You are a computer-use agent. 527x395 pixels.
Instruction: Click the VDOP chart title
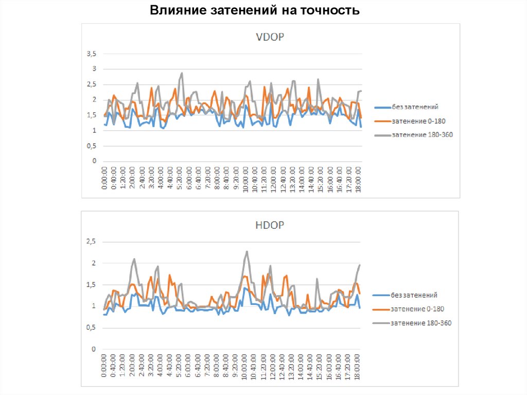270,37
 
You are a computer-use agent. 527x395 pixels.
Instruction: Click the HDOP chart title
270,225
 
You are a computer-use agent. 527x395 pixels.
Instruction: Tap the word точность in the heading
333,10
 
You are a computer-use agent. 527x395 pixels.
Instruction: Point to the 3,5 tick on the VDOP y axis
91,54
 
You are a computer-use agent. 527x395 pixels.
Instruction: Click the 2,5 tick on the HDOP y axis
91,242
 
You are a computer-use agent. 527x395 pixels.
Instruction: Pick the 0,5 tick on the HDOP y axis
91,328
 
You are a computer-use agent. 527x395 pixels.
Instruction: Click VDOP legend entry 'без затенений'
415,107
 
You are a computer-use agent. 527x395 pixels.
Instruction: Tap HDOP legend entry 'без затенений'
414,295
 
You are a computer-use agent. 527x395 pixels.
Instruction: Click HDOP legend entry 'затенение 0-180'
417,309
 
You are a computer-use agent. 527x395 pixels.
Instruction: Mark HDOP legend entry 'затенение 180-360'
421,323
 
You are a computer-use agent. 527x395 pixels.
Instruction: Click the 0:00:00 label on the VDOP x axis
105,178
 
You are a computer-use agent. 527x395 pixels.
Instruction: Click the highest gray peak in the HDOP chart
247,252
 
